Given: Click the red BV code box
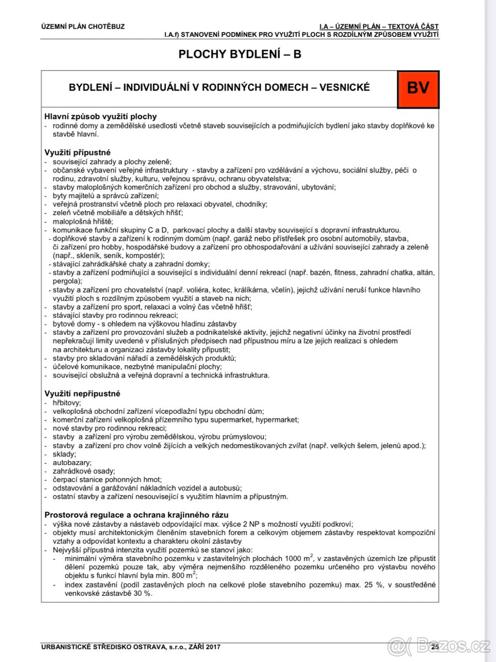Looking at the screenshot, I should tap(418, 89).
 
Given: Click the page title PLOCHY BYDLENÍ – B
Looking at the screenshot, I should tap(240, 54).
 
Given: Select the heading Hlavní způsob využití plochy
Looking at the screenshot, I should tap(100, 116).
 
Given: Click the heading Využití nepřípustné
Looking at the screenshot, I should tap(82, 393).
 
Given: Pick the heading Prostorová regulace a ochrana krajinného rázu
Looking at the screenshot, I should tap(136, 515).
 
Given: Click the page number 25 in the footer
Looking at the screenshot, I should tap(435, 646).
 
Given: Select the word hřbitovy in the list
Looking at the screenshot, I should tap(67, 403).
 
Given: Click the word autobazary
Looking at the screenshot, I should tap(72, 462).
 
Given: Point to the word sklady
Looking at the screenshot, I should tap(64, 453).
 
